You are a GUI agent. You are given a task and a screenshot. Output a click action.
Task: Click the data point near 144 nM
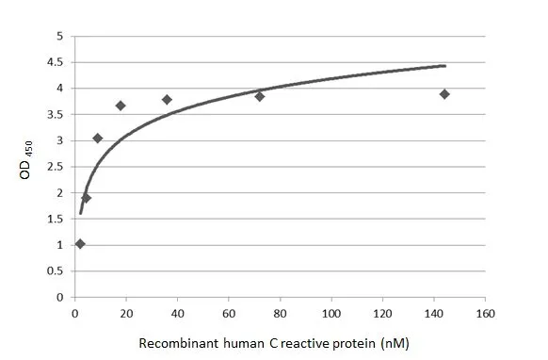pyautogui.click(x=444, y=94)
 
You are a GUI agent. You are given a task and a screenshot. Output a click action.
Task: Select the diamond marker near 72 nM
pyautogui.click(x=259, y=96)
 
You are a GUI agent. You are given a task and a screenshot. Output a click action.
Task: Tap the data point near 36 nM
pyautogui.click(x=167, y=99)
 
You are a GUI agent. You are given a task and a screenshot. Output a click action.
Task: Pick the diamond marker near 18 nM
pyautogui.click(x=121, y=106)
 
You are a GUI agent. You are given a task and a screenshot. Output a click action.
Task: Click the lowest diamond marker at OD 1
pyautogui.click(x=80, y=244)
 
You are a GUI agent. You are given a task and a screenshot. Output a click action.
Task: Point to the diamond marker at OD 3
pyautogui.click(x=97, y=139)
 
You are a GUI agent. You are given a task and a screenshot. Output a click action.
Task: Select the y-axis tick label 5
pyautogui.click(x=60, y=36)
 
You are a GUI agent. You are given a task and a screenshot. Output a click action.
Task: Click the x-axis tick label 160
pyautogui.click(x=485, y=313)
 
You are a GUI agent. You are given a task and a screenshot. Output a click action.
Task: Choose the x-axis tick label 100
pyautogui.click(x=330, y=313)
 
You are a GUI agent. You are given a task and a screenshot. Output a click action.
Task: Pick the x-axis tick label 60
pyautogui.click(x=228, y=313)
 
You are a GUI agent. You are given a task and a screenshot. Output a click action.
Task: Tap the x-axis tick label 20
pyautogui.click(x=125, y=313)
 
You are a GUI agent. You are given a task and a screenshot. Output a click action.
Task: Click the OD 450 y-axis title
pyautogui.click(x=35, y=166)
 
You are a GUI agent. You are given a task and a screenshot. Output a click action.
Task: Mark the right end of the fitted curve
pyautogui.click(x=444, y=66)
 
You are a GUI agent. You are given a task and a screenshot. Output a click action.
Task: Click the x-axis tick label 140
pyautogui.click(x=433, y=313)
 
